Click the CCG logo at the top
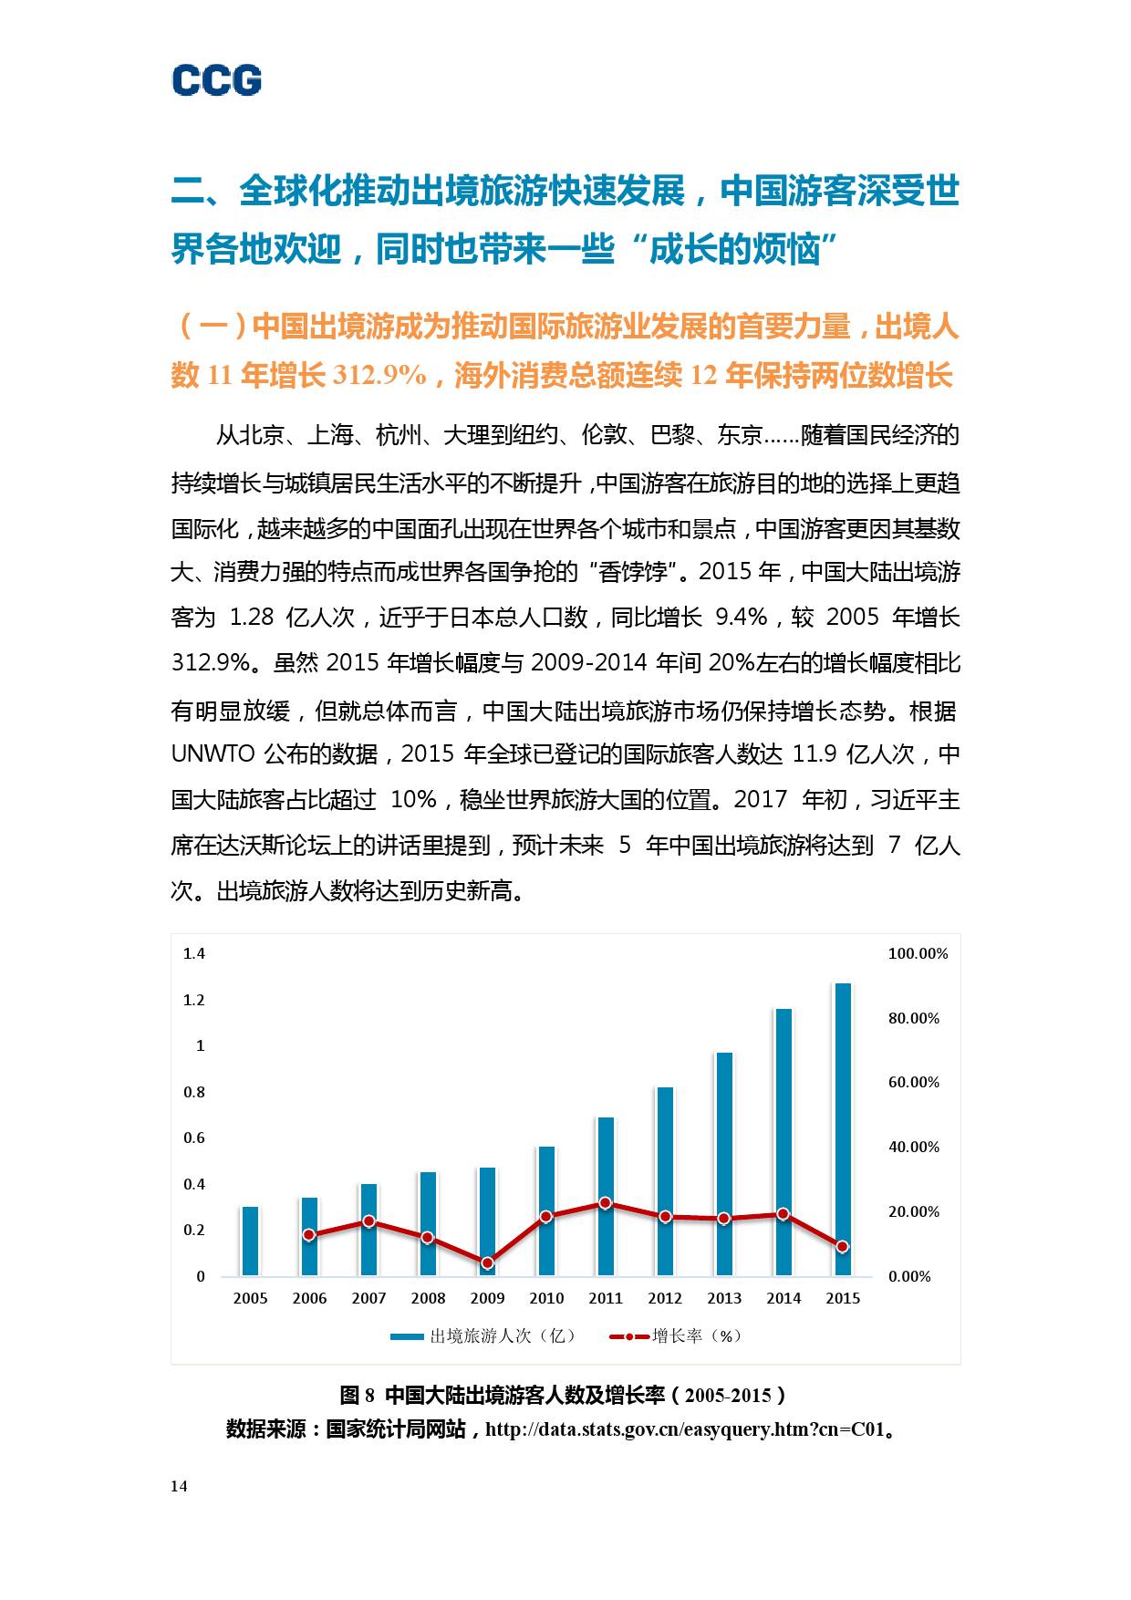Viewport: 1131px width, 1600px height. [217, 80]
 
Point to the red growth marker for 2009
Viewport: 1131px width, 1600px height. [487, 1262]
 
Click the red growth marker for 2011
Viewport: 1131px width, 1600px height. [606, 1203]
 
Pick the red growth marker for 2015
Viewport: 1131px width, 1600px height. [843, 1246]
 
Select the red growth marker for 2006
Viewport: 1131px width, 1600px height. [309, 1234]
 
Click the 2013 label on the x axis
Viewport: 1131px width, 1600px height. [724, 1298]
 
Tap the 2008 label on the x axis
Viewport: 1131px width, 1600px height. [428, 1298]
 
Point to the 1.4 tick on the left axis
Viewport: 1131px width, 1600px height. [194, 953]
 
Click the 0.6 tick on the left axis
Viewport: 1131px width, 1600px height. [194, 1138]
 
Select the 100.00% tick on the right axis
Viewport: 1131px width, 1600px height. [918, 953]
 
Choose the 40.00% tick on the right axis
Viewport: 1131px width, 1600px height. [914, 1147]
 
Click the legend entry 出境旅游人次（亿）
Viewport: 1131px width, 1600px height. [484, 1335]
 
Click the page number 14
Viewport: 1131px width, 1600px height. [179, 1486]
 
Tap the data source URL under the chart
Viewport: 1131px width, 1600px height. [685, 1429]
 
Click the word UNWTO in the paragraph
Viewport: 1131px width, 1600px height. [208, 754]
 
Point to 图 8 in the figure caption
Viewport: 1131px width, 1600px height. [357, 1395]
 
